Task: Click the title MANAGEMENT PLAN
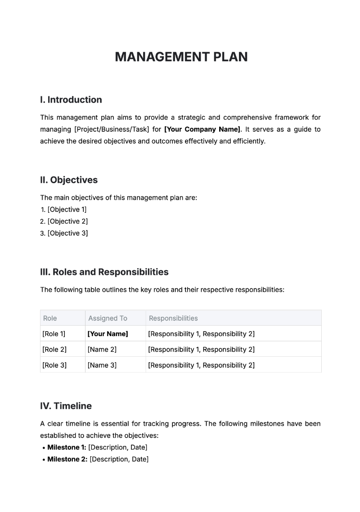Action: click(x=181, y=57)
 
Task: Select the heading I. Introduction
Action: click(x=71, y=100)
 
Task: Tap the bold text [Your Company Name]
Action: click(x=202, y=129)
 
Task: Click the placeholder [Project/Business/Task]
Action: click(x=112, y=129)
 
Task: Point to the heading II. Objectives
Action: click(x=69, y=180)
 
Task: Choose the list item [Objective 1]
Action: click(x=67, y=209)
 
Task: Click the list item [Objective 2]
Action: click(x=67, y=221)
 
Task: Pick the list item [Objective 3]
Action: click(x=67, y=233)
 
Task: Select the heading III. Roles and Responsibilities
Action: click(x=104, y=272)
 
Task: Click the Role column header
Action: click(x=50, y=318)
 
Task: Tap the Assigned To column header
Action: click(x=108, y=318)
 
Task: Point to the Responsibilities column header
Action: click(x=173, y=318)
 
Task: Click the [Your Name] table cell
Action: click(x=108, y=334)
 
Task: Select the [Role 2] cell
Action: click(x=54, y=350)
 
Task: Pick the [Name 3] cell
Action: click(x=102, y=365)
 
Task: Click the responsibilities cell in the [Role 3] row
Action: click(x=201, y=365)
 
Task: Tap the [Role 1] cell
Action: click(x=54, y=334)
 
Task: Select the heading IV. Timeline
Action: click(x=66, y=406)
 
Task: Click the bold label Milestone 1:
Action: click(x=67, y=447)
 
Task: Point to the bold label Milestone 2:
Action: click(x=67, y=459)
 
